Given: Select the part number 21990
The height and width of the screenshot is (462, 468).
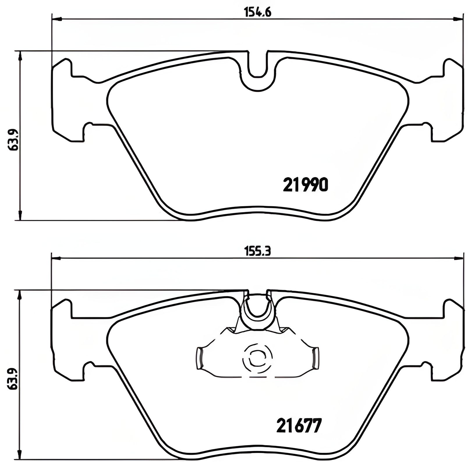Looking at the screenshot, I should coord(306,184).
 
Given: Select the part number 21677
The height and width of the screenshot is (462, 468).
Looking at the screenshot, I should coord(298,425).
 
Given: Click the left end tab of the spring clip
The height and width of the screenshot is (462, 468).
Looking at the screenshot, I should coord(199,358).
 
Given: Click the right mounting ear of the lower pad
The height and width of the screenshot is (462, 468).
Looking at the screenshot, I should coord(451,340).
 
